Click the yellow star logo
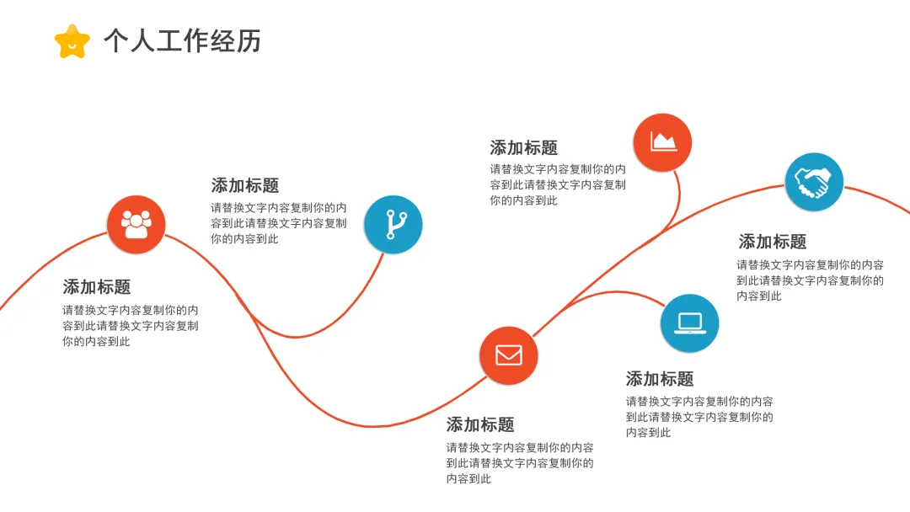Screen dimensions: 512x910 [x=72, y=40]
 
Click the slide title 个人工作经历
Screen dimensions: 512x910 [x=182, y=40]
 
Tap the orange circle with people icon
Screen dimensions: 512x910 [x=136, y=224]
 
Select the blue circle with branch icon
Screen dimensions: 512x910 [x=393, y=224]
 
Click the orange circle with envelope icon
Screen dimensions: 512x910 [x=508, y=355]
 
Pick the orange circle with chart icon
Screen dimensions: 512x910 [x=662, y=141]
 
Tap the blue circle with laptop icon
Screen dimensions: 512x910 [x=689, y=323]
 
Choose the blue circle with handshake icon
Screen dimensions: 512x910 [x=813, y=182]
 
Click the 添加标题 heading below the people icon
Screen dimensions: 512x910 [x=96, y=287]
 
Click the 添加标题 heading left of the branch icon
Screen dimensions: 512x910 [x=244, y=185]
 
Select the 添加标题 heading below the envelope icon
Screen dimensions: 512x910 [x=480, y=424]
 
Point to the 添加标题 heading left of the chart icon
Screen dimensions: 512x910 [x=523, y=148]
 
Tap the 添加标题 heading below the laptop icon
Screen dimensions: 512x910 [x=660, y=379]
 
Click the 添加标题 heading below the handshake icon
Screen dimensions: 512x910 [x=773, y=242]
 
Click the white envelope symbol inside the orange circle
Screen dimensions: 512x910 [x=508, y=355]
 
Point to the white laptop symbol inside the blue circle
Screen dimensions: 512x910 [x=689, y=323]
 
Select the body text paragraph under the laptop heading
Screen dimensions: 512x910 [x=699, y=417]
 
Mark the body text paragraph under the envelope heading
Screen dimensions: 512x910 [x=519, y=462]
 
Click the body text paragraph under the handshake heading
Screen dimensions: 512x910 [x=810, y=280]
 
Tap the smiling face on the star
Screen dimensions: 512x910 [x=72, y=45]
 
